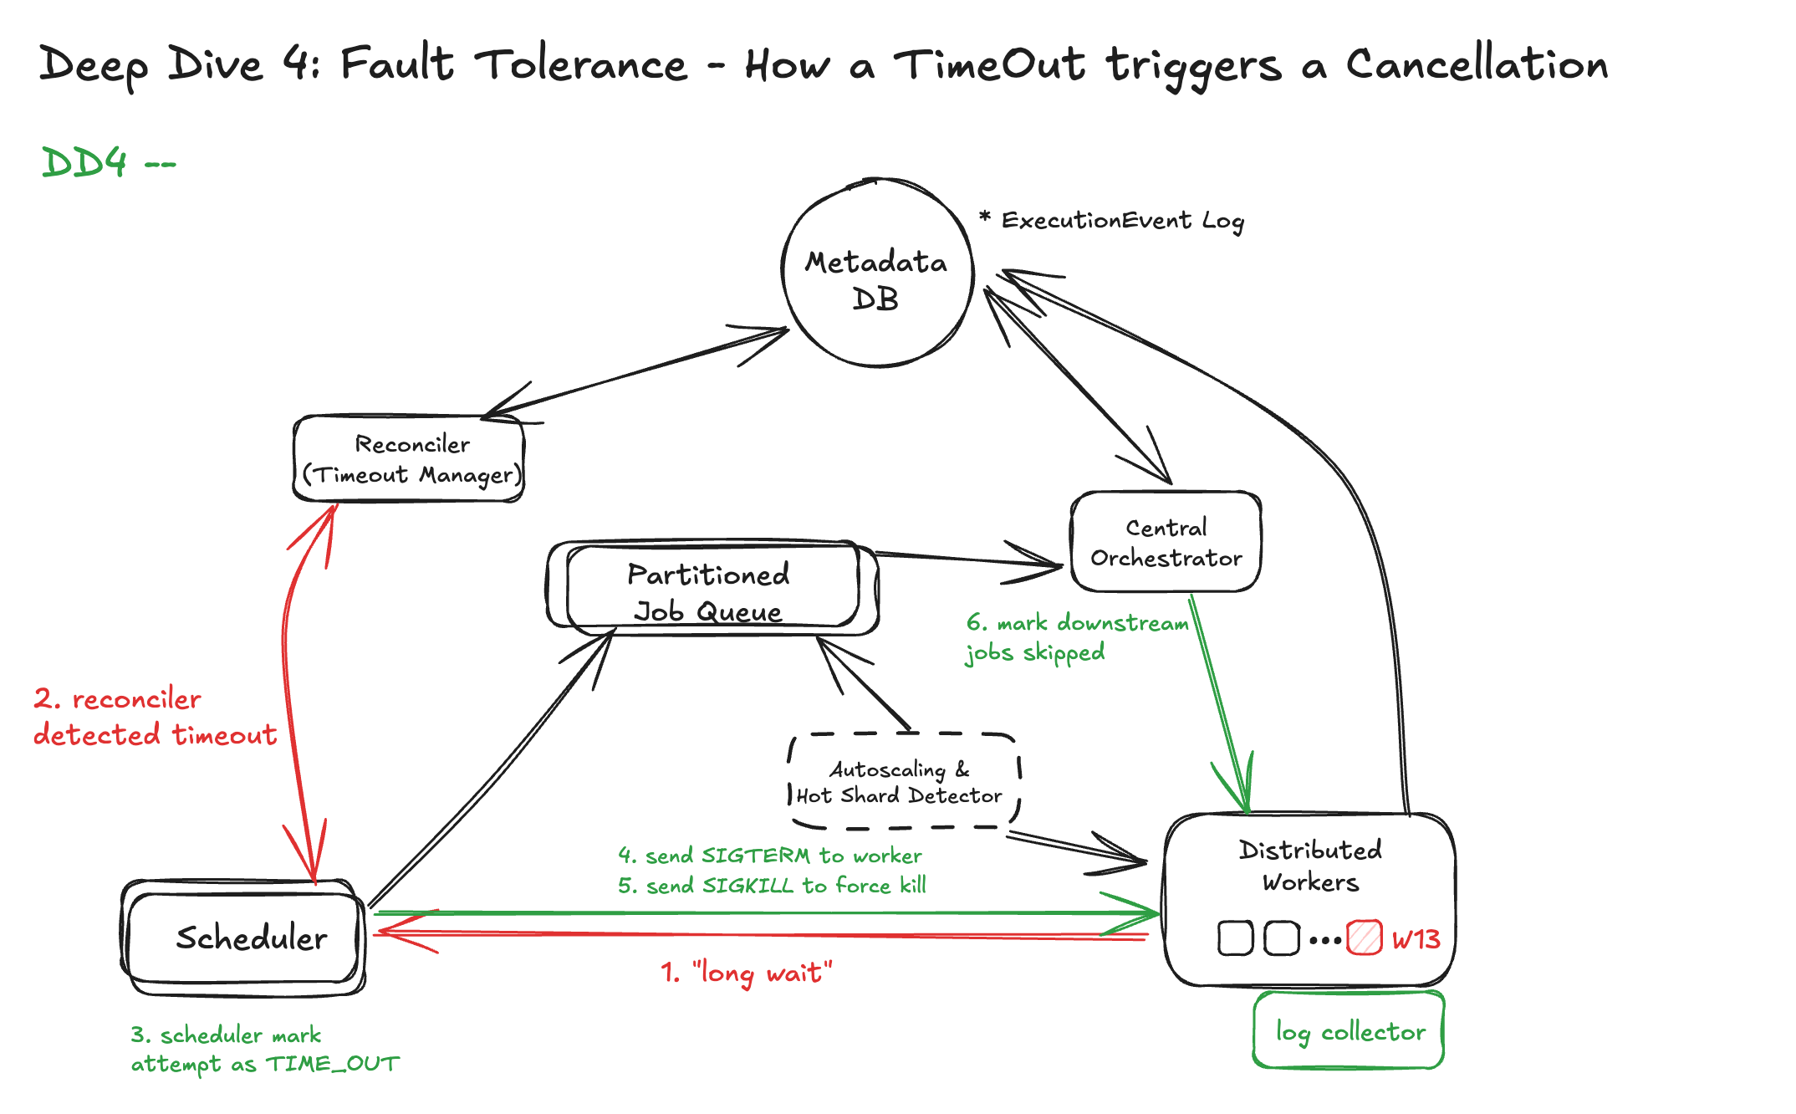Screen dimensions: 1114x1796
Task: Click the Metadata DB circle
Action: [x=877, y=273]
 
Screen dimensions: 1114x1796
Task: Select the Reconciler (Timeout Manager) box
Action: [x=409, y=459]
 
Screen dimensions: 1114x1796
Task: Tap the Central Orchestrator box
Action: [x=1166, y=542]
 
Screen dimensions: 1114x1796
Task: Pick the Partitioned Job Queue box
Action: [x=710, y=591]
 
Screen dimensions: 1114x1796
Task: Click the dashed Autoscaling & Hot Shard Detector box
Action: [x=902, y=782]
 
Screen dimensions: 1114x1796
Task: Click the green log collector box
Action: [x=1349, y=1031]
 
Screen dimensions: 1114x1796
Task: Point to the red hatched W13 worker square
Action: [x=1364, y=938]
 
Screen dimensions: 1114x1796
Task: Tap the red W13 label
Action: [x=1416, y=939]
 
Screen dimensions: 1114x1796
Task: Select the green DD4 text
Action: [x=85, y=162]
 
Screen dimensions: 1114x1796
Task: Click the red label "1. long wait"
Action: [x=747, y=973]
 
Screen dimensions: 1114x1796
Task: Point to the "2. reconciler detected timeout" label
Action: [x=155, y=717]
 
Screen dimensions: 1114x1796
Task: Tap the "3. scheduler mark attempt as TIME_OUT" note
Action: [x=264, y=1050]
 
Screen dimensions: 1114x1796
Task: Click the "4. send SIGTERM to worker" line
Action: [x=770, y=856]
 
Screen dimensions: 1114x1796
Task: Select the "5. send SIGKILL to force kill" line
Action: [x=772, y=886]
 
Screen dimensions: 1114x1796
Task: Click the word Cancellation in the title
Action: [x=1476, y=64]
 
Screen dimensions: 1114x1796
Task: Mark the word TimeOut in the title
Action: [x=989, y=64]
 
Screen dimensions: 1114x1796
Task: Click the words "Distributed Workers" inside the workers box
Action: [x=1310, y=866]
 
